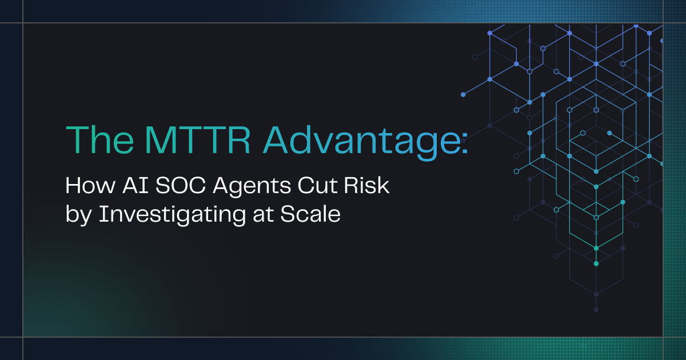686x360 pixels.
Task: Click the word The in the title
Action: [x=100, y=139]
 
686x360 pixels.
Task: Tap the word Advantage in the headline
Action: [x=361, y=142]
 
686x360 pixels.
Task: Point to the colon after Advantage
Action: [x=465, y=145]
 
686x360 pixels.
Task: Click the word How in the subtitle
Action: [x=91, y=185]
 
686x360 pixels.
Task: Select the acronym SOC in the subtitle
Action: [x=181, y=185]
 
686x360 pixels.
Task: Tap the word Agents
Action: [x=252, y=187]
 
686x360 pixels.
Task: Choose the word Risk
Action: [x=367, y=185]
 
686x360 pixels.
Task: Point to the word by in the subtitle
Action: [x=79, y=215]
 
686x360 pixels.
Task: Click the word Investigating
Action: [x=172, y=215]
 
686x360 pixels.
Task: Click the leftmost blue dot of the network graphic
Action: [x=463, y=95]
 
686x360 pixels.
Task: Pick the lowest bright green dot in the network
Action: [x=596, y=263]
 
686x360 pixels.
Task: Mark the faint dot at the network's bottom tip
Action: [x=596, y=310]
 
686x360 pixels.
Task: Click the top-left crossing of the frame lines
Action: [x=23, y=23]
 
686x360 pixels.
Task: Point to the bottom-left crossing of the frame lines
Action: [x=23, y=337]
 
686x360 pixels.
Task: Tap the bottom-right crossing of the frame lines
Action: [x=663, y=337]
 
